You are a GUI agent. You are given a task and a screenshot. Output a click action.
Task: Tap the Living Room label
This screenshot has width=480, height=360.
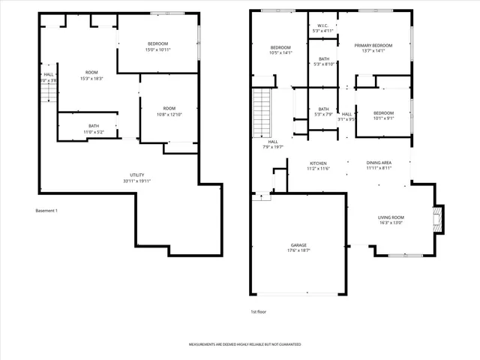(x=390, y=219)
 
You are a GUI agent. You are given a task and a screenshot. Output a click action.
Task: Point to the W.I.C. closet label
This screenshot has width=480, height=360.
(x=323, y=28)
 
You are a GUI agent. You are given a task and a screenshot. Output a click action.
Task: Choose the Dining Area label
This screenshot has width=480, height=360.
(x=378, y=165)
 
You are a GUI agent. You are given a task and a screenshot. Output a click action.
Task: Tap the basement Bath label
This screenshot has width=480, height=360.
(x=94, y=128)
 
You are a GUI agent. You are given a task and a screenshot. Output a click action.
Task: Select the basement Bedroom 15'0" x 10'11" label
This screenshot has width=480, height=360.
(x=157, y=46)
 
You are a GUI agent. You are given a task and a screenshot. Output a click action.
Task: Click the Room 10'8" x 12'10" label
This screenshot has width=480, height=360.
(x=169, y=111)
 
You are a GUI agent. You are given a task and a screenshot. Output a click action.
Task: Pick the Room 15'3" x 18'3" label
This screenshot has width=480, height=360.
(x=91, y=75)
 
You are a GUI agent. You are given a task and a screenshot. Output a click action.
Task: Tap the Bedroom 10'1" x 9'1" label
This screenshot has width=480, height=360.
(x=383, y=115)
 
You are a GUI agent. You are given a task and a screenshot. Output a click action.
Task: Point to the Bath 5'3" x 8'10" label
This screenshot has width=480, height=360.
(x=323, y=61)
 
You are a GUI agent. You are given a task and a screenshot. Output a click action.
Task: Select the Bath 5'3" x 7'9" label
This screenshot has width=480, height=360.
(x=323, y=112)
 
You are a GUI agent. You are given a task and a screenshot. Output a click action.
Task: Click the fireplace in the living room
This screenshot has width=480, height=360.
(x=439, y=220)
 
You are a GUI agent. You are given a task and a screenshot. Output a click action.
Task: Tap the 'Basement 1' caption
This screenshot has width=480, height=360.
(x=46, y=211)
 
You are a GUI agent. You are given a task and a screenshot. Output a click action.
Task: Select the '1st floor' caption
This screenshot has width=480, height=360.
(x=259, y=311)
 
